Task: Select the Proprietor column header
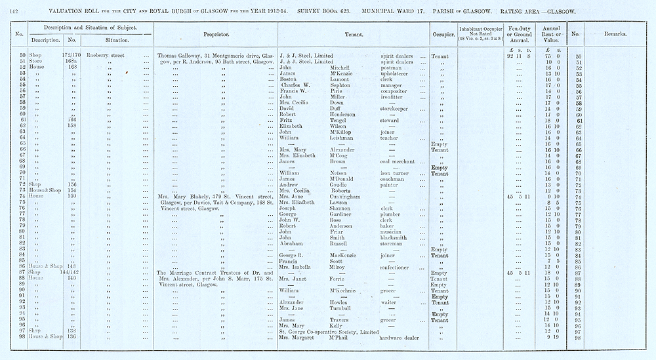pos(216,33)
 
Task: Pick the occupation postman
pos(392,68)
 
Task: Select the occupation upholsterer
pos(396,73)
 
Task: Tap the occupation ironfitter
pos(394,97)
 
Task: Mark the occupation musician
pos(394,231)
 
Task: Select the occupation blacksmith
pos(396,237)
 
